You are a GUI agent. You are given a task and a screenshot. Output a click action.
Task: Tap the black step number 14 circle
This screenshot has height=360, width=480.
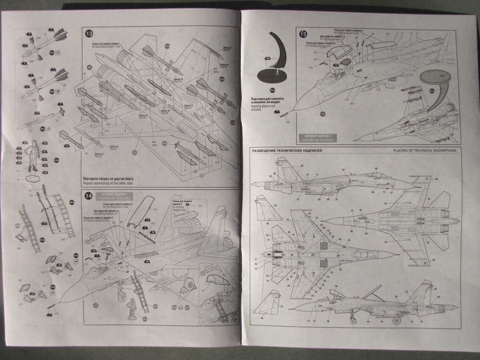point(89,196)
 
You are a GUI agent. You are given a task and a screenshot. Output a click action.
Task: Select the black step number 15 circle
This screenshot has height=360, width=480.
point(304,34)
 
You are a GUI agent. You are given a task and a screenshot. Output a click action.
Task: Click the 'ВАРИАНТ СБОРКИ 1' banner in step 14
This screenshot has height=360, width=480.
point(113,194)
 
